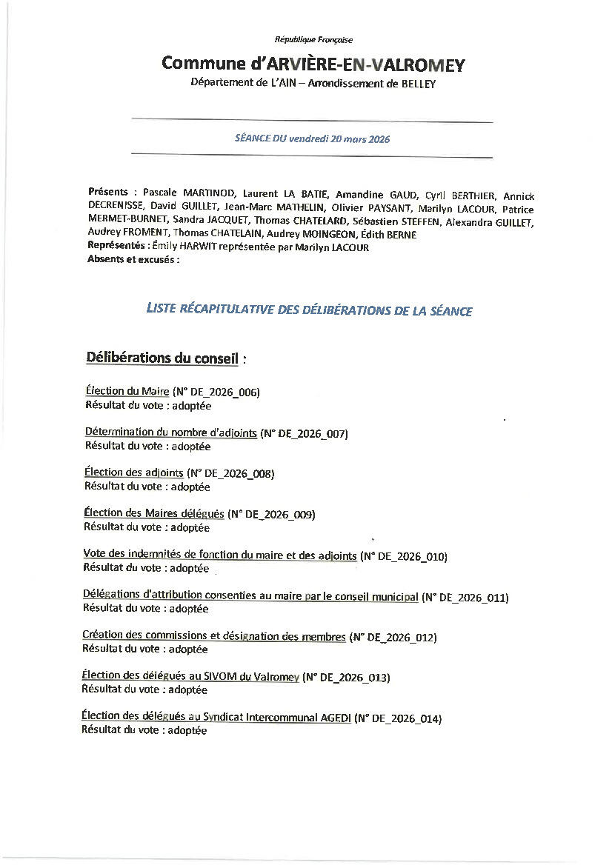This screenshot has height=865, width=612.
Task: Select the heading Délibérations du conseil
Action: (162, 358)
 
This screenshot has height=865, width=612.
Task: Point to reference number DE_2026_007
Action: (311, 433)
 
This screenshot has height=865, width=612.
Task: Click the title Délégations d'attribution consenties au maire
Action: (250, 596)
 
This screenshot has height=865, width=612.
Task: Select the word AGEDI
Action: (335, 718)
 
